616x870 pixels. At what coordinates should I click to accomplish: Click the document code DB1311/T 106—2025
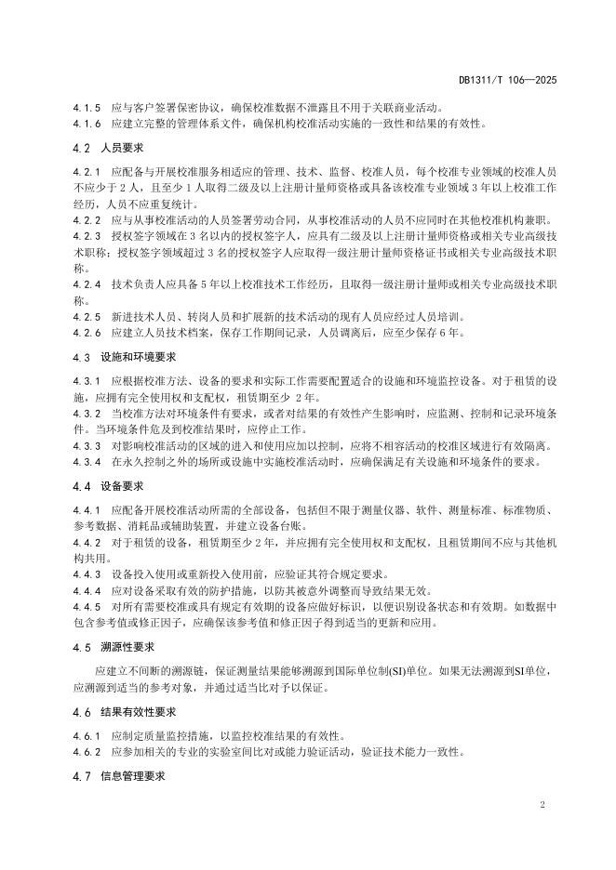(x=507, y=81)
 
